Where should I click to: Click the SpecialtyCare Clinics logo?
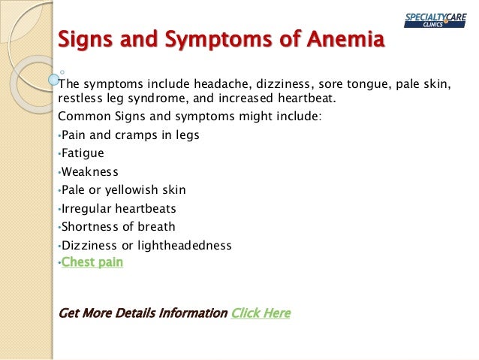[436, 20]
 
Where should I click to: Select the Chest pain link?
[92, 262]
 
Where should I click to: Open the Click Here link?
[261, 313]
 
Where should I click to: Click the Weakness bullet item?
[89, 171]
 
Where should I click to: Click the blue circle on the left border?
[53, 78]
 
